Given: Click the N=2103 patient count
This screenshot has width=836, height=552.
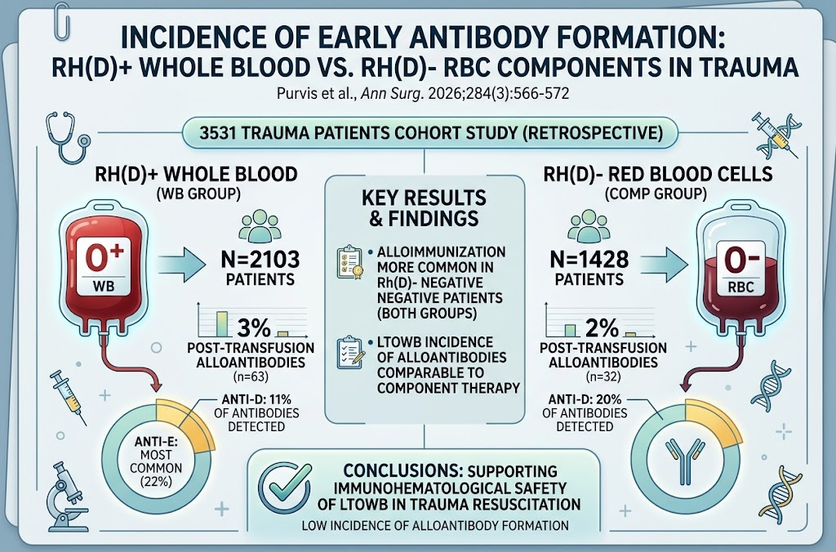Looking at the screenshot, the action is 260,260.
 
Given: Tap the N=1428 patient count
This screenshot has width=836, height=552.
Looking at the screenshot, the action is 589,260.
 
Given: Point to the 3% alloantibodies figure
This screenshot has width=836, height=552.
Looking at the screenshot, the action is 254,328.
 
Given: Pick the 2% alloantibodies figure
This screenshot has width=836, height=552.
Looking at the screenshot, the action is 602,327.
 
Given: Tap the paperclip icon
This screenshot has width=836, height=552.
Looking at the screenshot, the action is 62,20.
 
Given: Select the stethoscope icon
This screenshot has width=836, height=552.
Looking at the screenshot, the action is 68,137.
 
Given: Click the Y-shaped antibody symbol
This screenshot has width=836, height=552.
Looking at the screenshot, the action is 685,461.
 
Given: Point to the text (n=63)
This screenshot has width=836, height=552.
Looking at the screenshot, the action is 251,377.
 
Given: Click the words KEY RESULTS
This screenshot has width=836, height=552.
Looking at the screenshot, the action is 424,198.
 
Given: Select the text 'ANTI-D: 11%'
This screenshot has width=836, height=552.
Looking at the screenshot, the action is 257,399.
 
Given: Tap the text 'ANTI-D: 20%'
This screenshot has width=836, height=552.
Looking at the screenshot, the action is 585,399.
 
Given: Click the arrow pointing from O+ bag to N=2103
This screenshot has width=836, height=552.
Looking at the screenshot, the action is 182,264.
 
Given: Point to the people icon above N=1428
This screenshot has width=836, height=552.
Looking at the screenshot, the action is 588,225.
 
